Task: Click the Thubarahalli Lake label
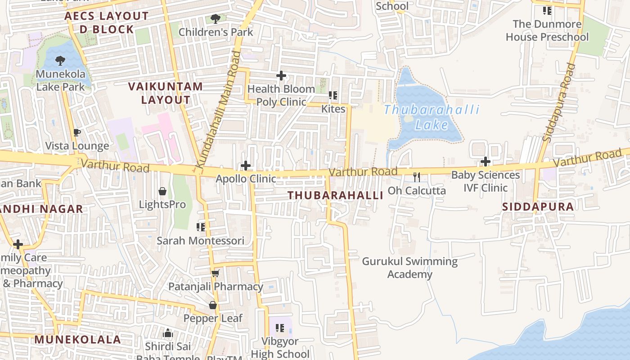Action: tap(432, 117)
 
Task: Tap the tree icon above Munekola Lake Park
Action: tap(60, 61)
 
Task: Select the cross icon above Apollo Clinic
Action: tap(246, 166)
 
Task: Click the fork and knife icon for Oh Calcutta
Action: tap(417, 177)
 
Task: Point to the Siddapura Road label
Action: tap(559, 103)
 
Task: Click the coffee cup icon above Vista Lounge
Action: tap(77, 132)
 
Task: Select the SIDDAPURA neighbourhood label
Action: tap(538, 207)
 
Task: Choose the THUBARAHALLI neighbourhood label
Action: tap(335, 195)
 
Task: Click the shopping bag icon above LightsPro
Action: tap(162, 191)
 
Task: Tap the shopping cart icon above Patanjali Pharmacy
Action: tap(216, 273)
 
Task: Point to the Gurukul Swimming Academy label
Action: tap(409, 268)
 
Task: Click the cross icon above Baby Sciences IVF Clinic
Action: tap(485, 161)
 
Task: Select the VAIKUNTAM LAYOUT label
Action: tap(166, 93)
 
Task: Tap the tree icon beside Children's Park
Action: tap(216, 19)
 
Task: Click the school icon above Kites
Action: tap(333, 95)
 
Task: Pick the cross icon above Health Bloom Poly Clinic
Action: tap(281, 76)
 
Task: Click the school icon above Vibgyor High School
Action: tap(280, 328)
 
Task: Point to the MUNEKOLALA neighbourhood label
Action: tap(78, 339)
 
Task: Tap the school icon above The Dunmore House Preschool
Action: tap(547, 10)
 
